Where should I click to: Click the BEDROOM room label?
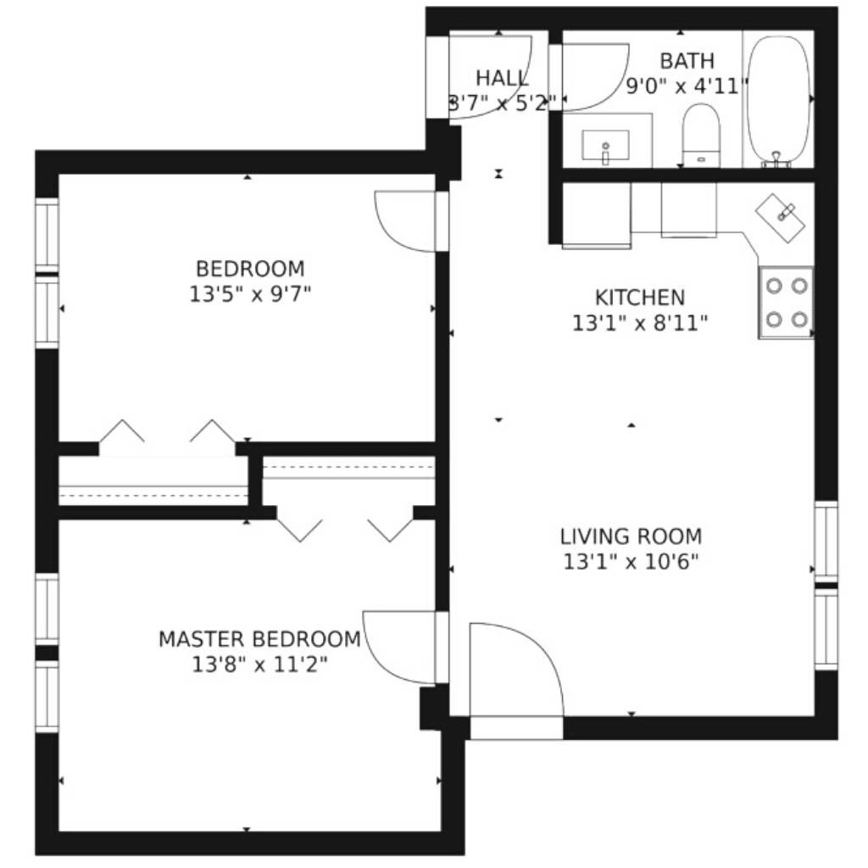pyautogui.click(x=250, y=269)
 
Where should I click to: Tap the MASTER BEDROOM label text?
pyautogui.click(x=259, y=639)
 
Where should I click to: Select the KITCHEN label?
pyautogui.click(x=640, y=298)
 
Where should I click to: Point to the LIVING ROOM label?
pyautogui.click(x=631, y=537)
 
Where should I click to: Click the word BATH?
pyautogui.click(x=687, y=61)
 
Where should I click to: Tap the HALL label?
pyautogui.click(x=502, y=79)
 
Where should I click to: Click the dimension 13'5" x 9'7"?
pyautogui.click(x=250, y=294)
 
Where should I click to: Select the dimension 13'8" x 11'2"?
pyautogui.click(x=259, y=664)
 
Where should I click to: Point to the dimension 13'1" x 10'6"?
pyautogui.click(x=631, y=562)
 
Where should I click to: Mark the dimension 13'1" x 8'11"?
pyautogui.click(x=640, y=323)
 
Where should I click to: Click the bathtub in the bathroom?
pyautogui.click(x=779, y=101)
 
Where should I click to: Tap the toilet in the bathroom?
pyautogui.click(x=701, y=135)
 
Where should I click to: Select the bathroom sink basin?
pyautogui.click(x=605, y=145)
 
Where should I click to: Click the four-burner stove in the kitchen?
pyautogui.click(x=786, y=303)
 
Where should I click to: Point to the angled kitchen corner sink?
pyautogui.click(x=781, y=218)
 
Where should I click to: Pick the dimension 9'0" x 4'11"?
pyautogui.click(x=687, y=86)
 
